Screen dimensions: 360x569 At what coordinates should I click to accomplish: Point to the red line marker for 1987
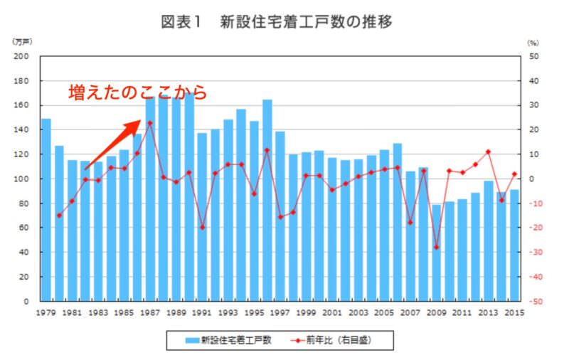(x=150, y=123)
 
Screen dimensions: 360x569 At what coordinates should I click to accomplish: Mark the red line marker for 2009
(x=437, y=248)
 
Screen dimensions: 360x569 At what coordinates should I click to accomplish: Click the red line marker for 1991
(x=202, y=228)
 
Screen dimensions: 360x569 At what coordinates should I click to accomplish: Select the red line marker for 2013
(x=489, y=152)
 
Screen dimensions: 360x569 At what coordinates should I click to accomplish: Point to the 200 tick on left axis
(x=26, y=57)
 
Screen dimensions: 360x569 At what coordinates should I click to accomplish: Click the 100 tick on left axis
(x=26, y=179)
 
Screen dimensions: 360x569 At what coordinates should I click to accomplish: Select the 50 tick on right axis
(x=534, y=57)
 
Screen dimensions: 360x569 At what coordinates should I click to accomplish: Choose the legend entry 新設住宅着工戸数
(x=231, y=341)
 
